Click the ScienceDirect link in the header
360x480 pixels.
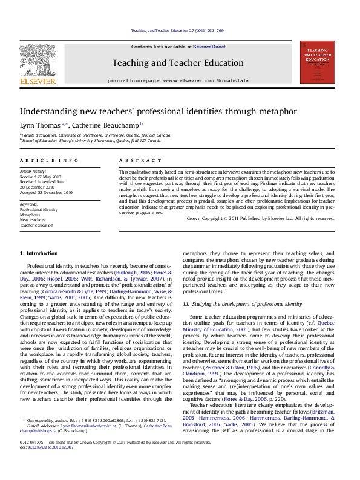click(209, 47)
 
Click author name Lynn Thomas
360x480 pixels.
click(39, 125)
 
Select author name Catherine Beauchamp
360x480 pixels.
click(106, 125)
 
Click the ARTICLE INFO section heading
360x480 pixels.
click(49, 160)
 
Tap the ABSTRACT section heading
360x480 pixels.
click(132, 160)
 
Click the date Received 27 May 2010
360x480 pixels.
click(42, 177)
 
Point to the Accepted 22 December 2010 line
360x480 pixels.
click(46, 192)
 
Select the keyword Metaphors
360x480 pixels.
click(30, 215)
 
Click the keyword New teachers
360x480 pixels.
click(33, 220)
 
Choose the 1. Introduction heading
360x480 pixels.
click(39, 253)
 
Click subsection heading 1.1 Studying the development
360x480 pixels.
click(242, 303)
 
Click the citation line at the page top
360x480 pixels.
click(177, 31)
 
